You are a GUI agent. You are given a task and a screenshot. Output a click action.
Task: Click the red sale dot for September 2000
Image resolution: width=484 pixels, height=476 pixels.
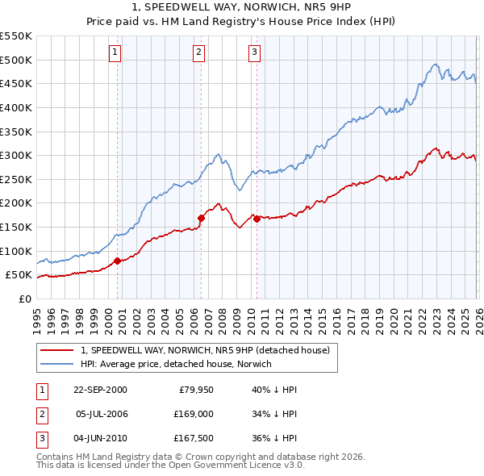point(118,260)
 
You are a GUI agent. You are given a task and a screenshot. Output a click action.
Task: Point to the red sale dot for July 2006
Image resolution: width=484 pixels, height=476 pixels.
point(201,217)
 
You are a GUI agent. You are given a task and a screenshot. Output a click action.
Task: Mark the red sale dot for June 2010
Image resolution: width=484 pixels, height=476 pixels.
point(257,218)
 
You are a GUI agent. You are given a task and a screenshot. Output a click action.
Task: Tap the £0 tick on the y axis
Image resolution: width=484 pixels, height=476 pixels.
point(23,299)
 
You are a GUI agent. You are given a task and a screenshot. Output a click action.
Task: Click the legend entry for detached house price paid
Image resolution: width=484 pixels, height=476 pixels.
point(205,351)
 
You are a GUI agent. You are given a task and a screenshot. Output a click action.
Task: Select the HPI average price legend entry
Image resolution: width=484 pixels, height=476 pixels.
point(176,364)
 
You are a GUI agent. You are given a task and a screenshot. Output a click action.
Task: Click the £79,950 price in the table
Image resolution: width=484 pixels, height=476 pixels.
point(195,390)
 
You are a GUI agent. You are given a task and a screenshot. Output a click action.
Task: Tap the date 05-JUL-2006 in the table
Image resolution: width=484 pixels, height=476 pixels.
point(101,413)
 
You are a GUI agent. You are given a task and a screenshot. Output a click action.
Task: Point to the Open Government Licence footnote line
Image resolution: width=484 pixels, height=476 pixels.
point(170,466)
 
